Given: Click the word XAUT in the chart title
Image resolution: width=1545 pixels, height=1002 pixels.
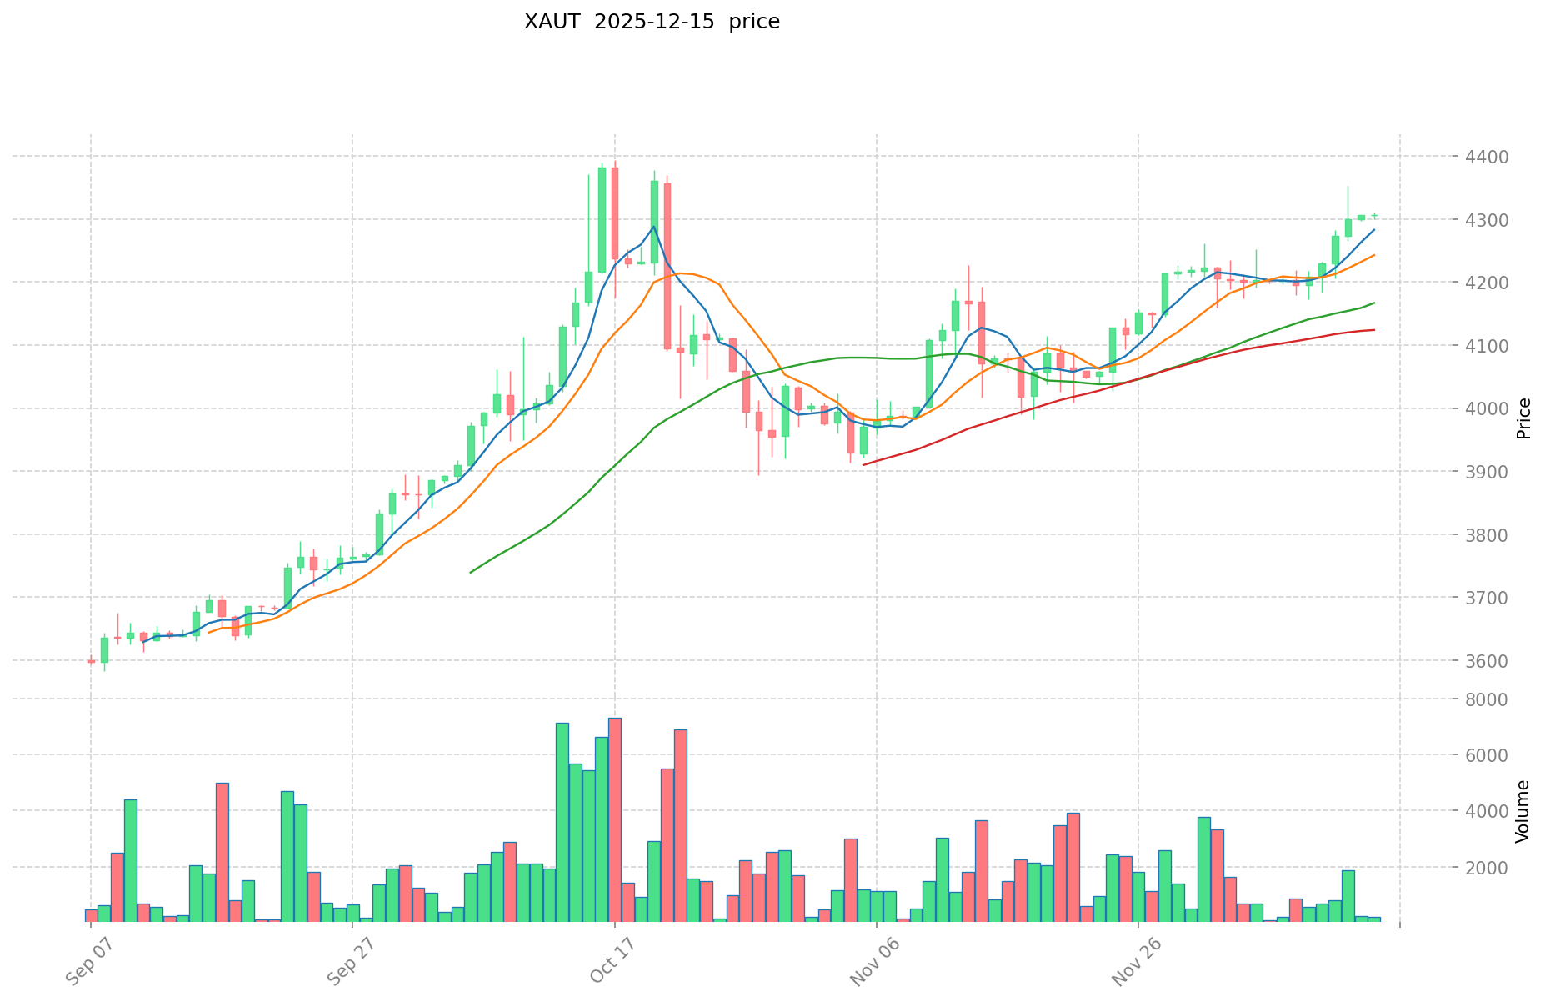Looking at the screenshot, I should pyautogui.click(x=552, y=23).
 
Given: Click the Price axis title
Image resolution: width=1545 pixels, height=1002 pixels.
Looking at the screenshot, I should pyautogui.click(x=1524, y=418).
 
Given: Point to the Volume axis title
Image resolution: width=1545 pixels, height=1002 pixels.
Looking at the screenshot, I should pyautogui.click(x=1524, y=811).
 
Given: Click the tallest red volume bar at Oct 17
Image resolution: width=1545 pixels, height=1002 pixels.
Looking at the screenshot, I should pyautogui.click(x=615, y=820).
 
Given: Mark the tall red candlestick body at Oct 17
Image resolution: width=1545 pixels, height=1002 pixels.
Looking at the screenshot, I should pyautogui.click(x=615, y=213).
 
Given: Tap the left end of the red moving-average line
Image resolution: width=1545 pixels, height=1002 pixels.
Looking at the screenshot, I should pyautogui.click(x=863, y=464).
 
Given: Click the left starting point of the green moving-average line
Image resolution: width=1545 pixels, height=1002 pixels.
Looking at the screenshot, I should pyautogui.click(x=471, y=572).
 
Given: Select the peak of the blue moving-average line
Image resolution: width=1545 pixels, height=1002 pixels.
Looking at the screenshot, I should pyautogui.click(x=654, y=226).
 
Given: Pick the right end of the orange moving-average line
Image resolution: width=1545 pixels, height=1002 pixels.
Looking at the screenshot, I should pyautogui.click(x=1374, y=255).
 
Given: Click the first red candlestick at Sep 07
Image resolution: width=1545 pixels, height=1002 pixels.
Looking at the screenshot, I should pyautogui.click(x=91, y=661).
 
